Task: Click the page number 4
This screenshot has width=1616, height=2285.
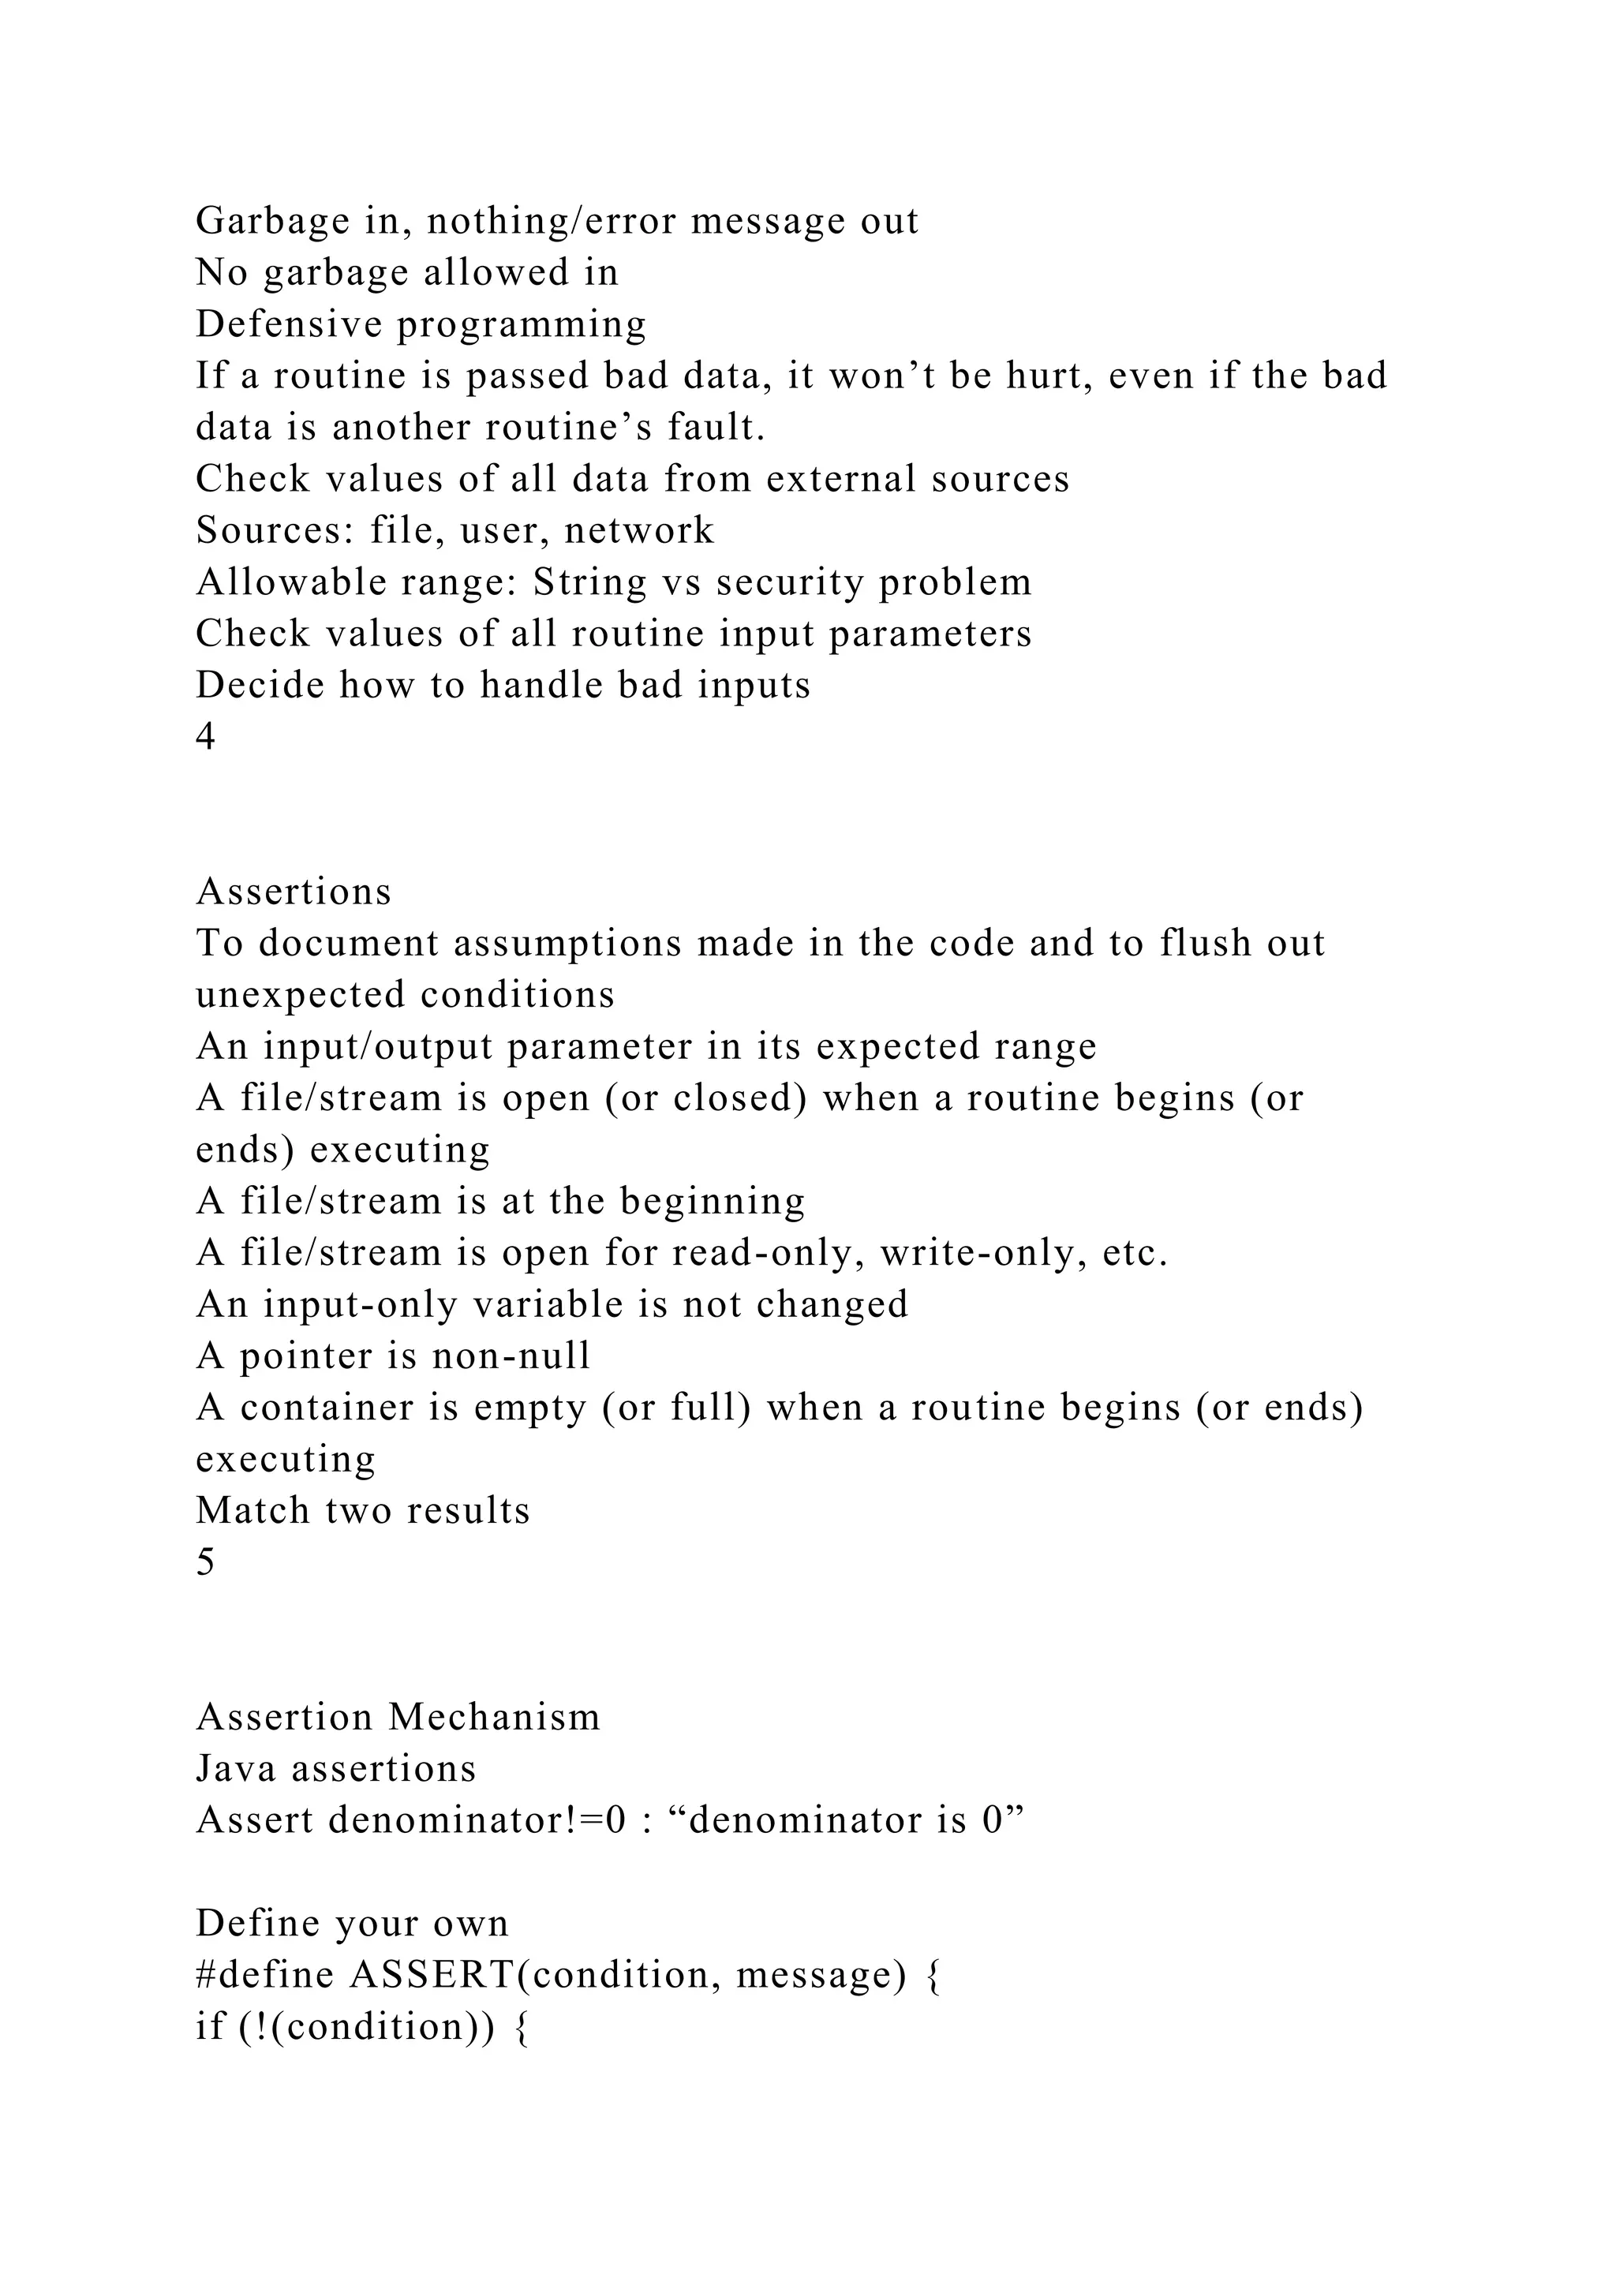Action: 206,738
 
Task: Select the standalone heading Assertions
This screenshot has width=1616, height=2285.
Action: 294,892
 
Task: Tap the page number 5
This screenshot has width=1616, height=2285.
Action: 206,1562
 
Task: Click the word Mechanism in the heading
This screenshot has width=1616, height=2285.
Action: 495,1718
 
